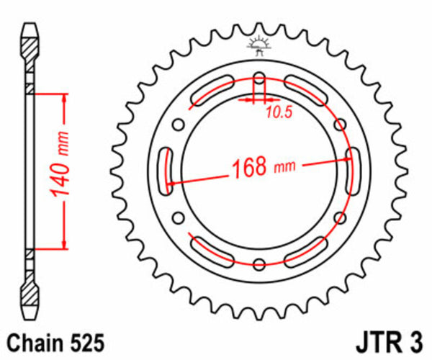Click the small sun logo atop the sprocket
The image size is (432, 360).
click(x=260, y=45)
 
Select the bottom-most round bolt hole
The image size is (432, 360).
click(x=260, y=264)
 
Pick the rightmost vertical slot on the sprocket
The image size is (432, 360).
click(x=354, y=171)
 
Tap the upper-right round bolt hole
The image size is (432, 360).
click(x=341, y=124)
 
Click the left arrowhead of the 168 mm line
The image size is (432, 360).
click(x=171, y=183)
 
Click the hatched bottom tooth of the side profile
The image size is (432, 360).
click(x=29, y=295)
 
